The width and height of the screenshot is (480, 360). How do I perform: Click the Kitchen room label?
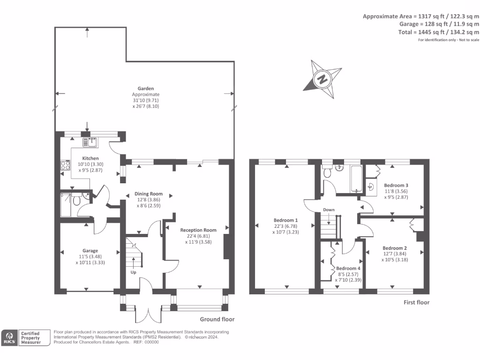tap(90, 158)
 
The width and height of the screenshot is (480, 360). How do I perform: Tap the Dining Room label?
tap(149, 194)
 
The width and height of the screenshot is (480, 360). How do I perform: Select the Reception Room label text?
tap(199, 230)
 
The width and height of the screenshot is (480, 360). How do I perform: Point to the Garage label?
tap(90, 250)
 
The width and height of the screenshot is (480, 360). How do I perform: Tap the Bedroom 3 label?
tap(396, 185)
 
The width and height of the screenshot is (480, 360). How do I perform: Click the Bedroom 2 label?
tap(395, 248)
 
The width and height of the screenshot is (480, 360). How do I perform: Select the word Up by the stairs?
tap(134, 272)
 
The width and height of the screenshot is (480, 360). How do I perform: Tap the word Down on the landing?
tap(328, 210)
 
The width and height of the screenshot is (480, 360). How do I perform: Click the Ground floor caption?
tap(217, 319)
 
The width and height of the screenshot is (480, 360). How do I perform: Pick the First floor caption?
tap(416, 302)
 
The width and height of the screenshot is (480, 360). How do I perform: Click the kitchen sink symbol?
tap(90, 142)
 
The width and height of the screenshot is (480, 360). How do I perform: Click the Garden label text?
tap(146, 88)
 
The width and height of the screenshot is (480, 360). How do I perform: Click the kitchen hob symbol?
tap(64, 165)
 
